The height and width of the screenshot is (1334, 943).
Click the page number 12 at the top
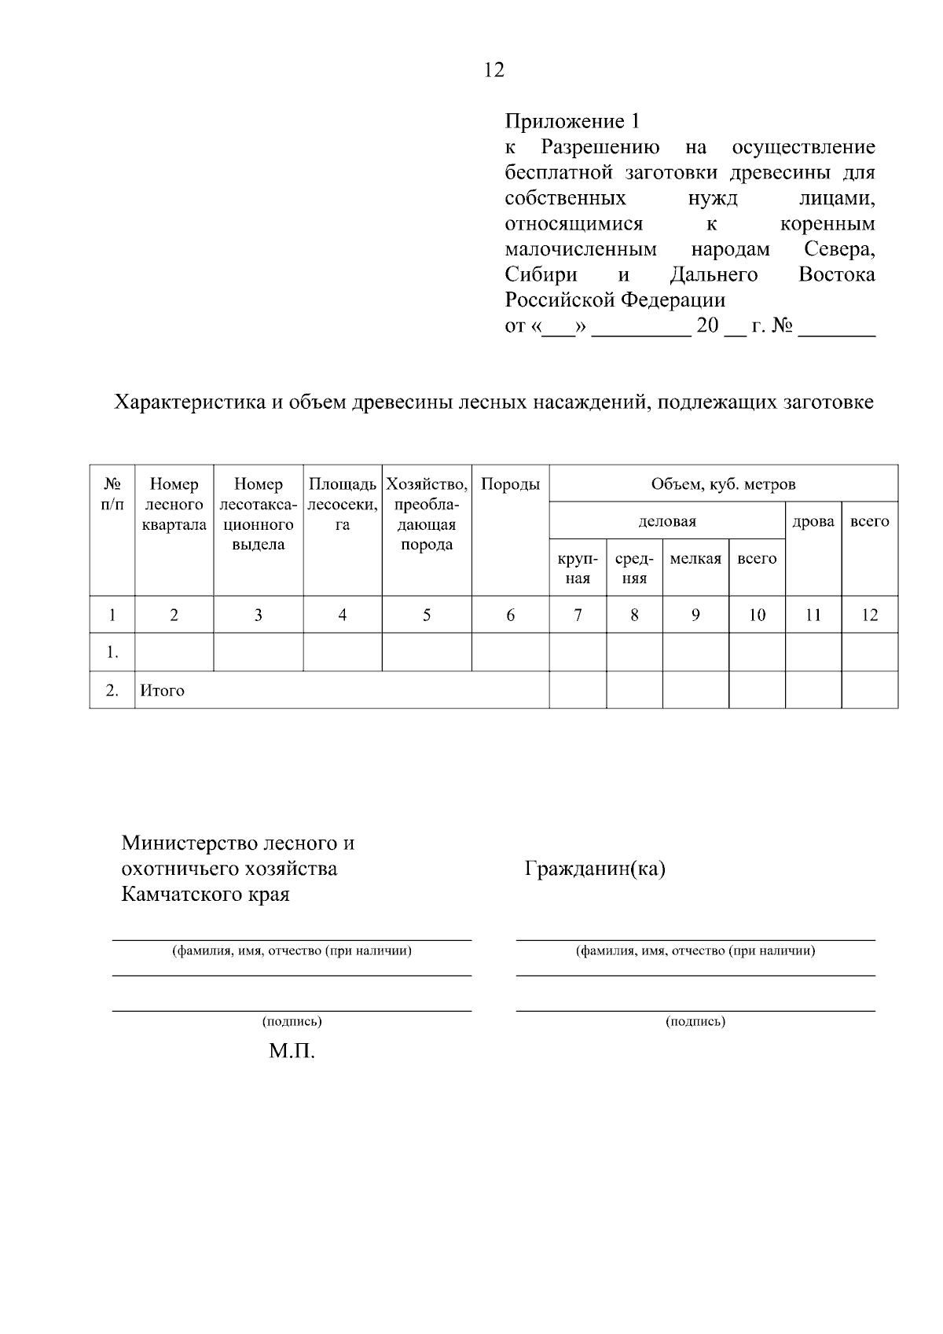494,71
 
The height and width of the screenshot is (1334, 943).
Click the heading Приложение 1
572,122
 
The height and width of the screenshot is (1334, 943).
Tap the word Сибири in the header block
541,275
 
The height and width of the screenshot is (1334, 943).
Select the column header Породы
510,485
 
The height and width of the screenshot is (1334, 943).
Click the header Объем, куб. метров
723,485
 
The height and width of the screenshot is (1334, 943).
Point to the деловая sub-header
667,521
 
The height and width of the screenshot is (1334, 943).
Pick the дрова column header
813,521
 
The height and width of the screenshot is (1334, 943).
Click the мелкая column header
695,559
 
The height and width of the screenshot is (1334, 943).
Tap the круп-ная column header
578,568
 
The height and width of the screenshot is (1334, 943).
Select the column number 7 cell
578,616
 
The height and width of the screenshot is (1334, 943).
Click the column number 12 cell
869,616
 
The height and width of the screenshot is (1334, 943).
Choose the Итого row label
162,691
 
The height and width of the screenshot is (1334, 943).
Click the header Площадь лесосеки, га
343,505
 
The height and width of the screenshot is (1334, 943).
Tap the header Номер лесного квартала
174,505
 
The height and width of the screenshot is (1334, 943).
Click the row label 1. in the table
112,652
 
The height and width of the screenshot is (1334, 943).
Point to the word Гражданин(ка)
595,869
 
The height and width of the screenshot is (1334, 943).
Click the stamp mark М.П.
292,1052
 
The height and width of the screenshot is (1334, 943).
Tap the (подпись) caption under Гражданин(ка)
695,1022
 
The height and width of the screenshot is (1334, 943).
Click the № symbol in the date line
782,325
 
